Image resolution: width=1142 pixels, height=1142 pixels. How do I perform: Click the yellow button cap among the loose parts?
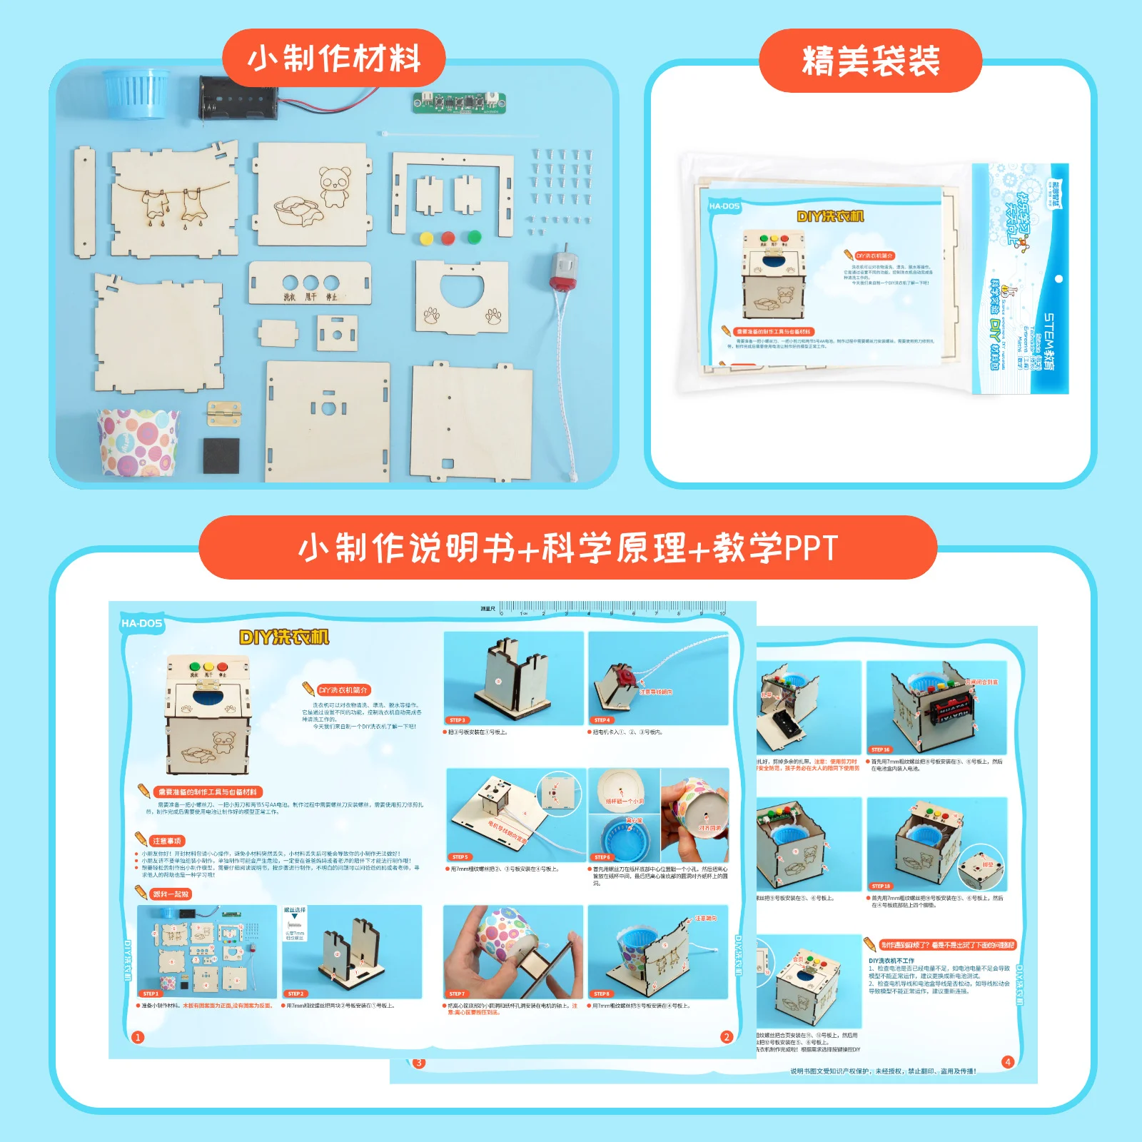pyautogui.click(x=426, y=238)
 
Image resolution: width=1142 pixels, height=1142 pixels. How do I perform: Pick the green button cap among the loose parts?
pyautogui.click(x=473, y=238)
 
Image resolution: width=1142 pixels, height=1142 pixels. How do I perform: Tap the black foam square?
pyautogui.click(x=221, y=455)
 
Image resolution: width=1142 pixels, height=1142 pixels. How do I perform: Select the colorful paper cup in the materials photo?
pyautogui.click(x=138, y=442)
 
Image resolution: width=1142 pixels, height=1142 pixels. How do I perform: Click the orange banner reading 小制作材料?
pyautogui.click(x=334, y=59)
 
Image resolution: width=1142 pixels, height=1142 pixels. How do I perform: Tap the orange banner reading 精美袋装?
pyautogui.click(x=870, y=61)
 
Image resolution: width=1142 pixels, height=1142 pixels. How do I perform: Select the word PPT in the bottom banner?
pyautogui.click(x=810, y=548)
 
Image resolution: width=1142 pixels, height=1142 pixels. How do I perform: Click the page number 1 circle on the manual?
pyautogui.click(x=138, y=1037)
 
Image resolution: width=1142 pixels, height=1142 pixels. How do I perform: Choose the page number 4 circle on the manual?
pyautogui.click(x=1008, y=1061)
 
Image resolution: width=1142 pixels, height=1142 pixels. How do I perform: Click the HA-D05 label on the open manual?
pyautogui.click(x=141, y=623)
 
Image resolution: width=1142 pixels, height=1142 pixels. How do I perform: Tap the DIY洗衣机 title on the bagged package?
pyautogui.click(x=829, y=216)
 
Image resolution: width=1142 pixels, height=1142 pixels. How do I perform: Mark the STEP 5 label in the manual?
pyautogui.click(x=460, y=856)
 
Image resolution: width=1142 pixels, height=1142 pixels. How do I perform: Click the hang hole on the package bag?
pyautogui.click(x=1058, y=279)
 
